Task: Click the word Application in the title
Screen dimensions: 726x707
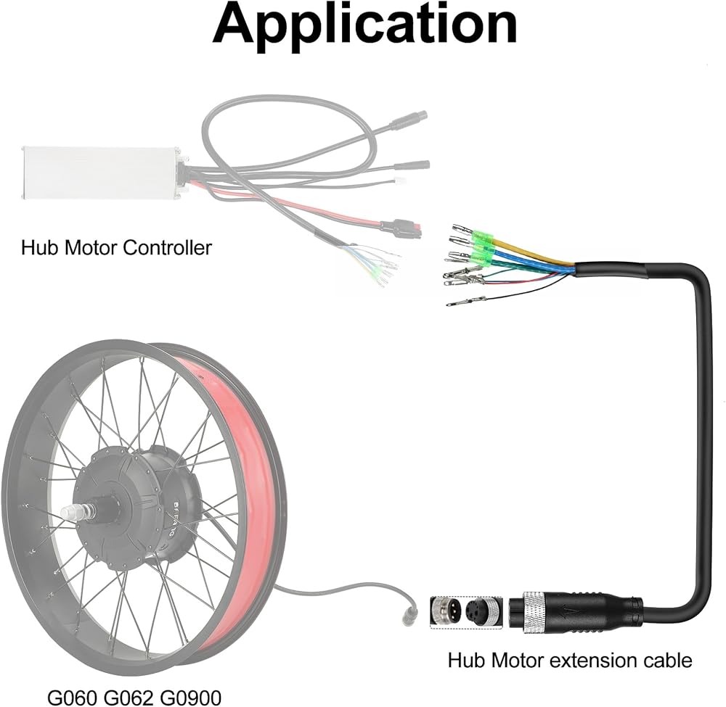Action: coord(365,24)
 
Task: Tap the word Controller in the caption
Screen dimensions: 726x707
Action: coord(168,248)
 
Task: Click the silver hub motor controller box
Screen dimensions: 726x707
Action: coord(101,173)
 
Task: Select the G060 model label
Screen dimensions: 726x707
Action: coord(73,697)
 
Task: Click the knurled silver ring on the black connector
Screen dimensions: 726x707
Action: coord(534,613)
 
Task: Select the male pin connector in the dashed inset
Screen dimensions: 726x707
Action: coord(446,612)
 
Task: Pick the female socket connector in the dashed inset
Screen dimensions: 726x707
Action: coord(484,612)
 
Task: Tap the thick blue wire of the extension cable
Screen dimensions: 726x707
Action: coord(531,261)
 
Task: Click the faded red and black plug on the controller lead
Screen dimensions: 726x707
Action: coord(401,228)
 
